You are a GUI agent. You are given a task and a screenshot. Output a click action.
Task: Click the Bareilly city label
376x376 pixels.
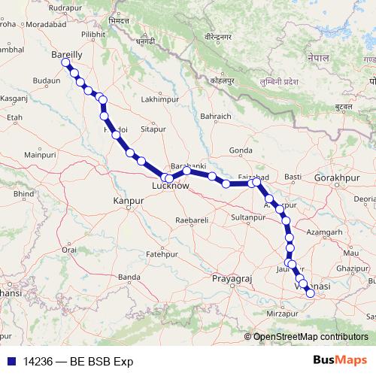[x=67, y=55]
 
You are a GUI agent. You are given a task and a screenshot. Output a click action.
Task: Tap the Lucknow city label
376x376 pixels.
[x=170, y=185]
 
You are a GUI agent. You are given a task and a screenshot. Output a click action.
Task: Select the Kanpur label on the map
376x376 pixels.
[x=127, y=201]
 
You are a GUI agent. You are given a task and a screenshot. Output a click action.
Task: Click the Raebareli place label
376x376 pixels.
[x=190, y=220]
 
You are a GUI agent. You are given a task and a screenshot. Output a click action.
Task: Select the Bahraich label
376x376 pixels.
[x=215, y=116]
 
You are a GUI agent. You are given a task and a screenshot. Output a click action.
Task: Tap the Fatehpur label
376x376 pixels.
[x=161, y=255]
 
